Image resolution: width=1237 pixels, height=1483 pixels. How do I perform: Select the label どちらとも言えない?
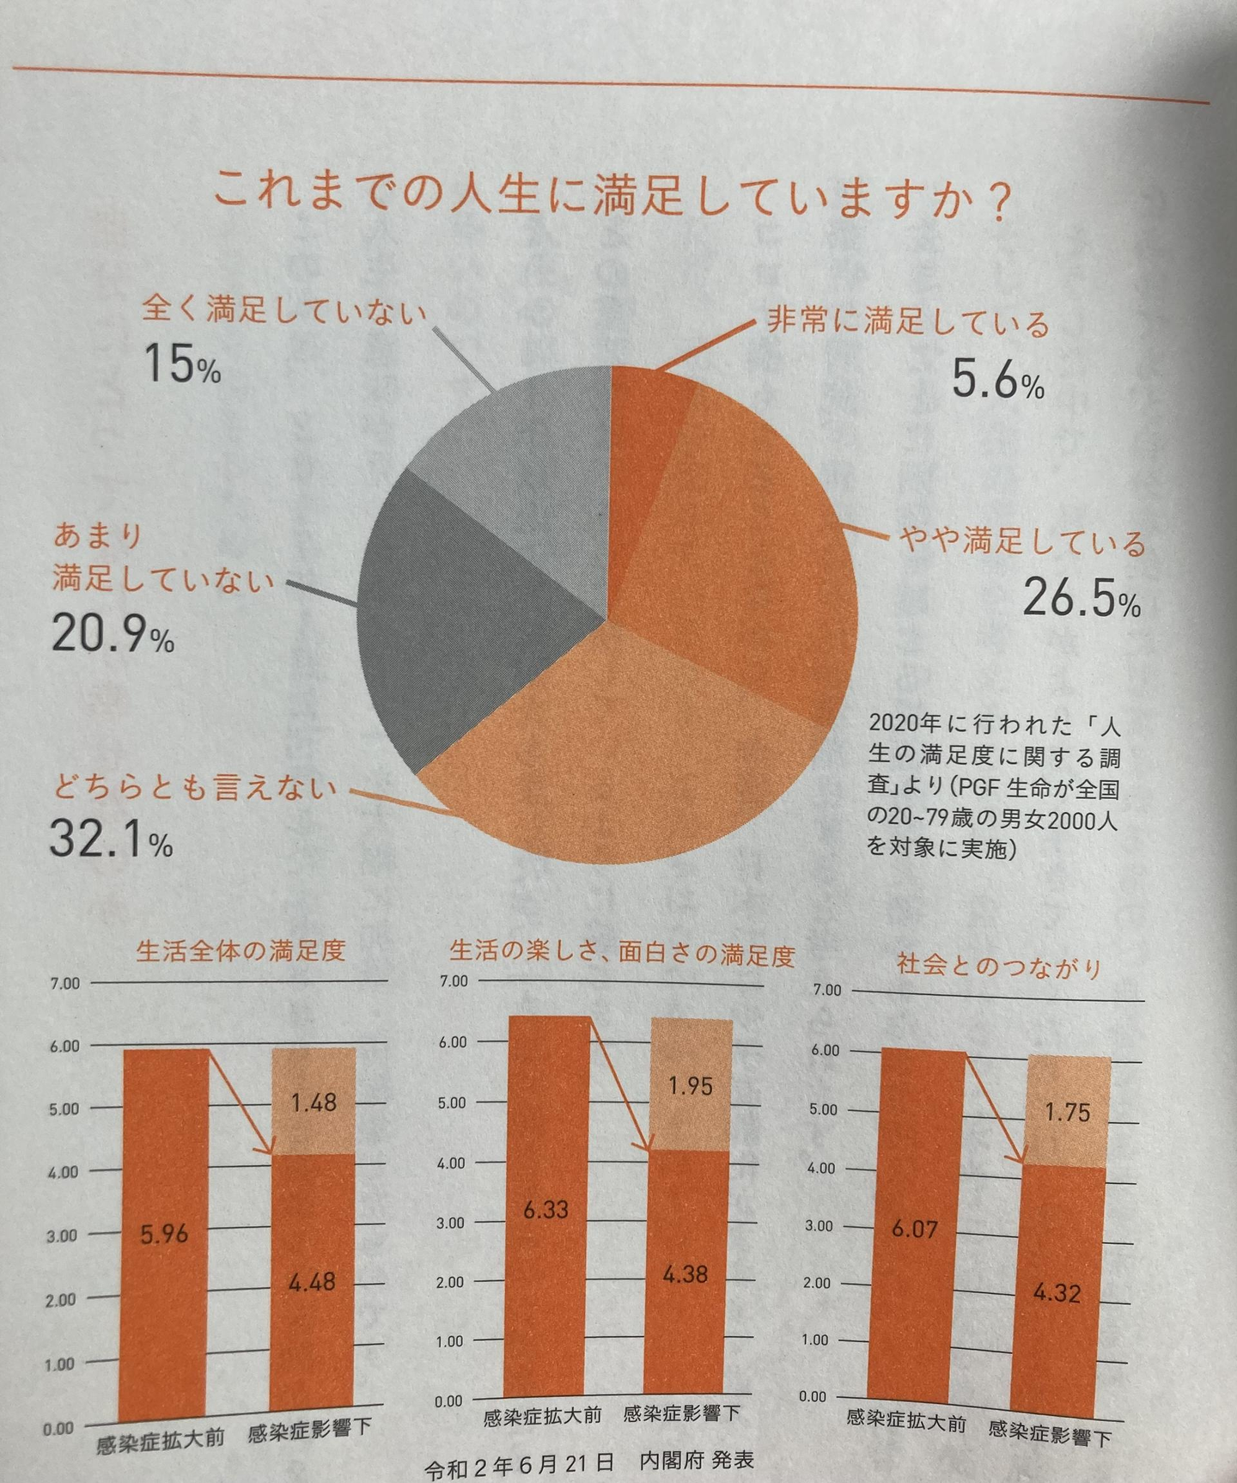tap(194, 787)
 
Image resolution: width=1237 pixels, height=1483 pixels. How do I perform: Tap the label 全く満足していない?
tap(283, 309)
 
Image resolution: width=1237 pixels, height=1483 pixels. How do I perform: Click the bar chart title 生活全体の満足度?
tap(241, 950)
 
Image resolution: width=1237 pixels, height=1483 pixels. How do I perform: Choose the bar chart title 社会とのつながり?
tap(998, 966)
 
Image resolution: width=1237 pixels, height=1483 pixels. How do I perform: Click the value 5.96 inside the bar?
tap(164, 1234)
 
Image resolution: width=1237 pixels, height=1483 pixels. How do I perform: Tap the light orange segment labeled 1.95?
tap(690, 1086)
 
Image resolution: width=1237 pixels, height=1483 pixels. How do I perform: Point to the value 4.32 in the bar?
tap(1057, 1292)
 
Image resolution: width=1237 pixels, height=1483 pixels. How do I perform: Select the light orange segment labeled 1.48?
tap(313, 1102)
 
